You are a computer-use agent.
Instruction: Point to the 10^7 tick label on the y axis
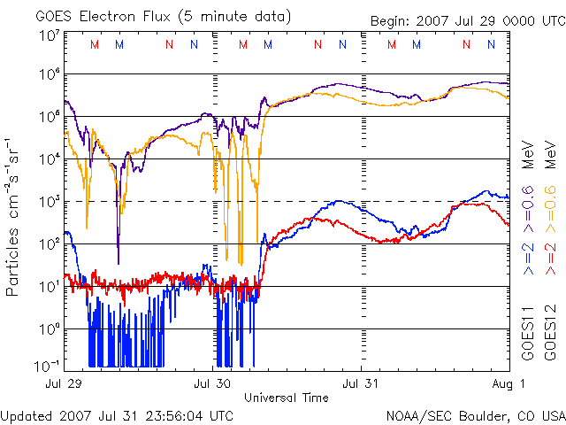[x=49, y=36]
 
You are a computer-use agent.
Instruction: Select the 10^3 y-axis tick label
[x=49, y=202]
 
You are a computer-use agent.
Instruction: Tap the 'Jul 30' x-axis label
[x=211, y=384]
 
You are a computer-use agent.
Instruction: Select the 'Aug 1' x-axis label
[x=510, y=384]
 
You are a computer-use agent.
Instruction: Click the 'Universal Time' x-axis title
[x=286, y=398]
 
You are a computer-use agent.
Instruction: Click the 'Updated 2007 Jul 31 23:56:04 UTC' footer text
[x=118, y=414]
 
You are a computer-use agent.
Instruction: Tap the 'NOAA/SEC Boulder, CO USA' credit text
[x=475, y=414]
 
